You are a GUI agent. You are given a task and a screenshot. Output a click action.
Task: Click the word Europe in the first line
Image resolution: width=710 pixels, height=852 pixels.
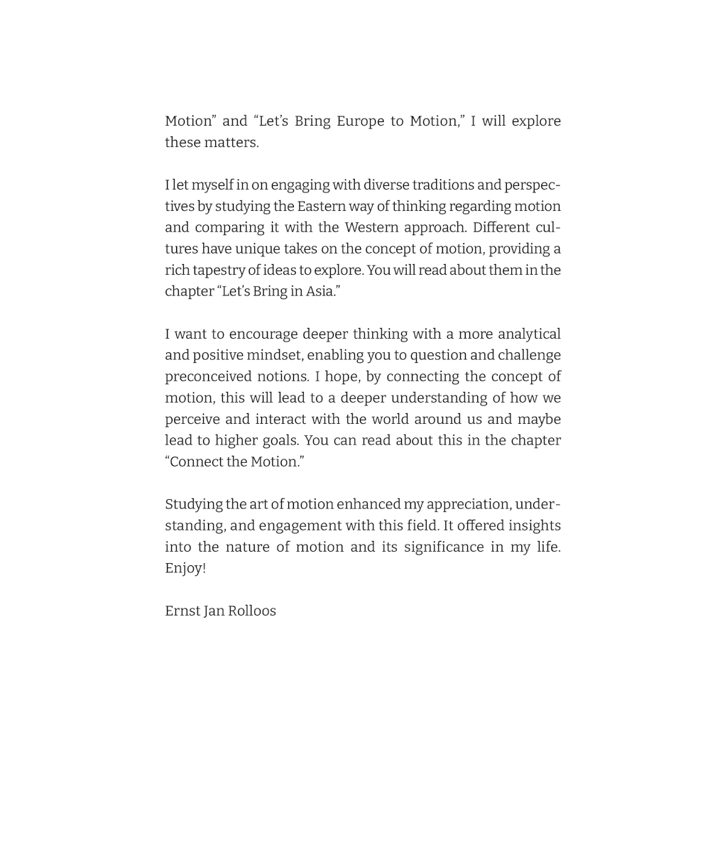360,121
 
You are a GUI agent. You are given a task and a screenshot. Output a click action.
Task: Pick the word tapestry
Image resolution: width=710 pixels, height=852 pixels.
219,271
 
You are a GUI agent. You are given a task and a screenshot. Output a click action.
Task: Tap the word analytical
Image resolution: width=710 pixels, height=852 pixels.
529,334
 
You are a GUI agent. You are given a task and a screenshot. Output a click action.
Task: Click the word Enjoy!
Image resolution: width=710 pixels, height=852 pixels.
185,569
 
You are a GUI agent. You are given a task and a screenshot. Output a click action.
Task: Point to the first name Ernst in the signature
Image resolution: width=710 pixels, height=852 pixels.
182,611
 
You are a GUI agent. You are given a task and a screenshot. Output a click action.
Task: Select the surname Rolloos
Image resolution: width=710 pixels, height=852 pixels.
252,611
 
